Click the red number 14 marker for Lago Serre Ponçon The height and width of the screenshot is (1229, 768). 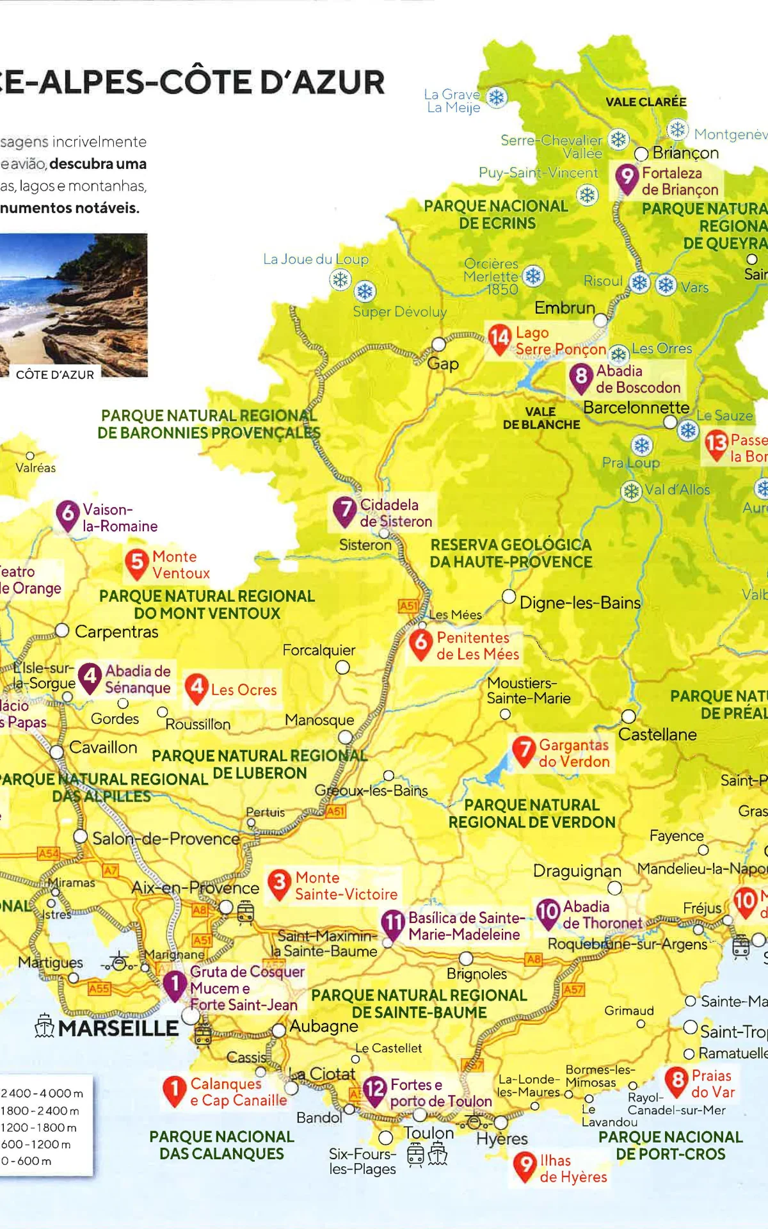[x=499, y=337]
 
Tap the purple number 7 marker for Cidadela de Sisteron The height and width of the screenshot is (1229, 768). [x=344, y=510]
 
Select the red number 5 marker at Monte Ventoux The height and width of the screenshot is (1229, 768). [x=137, y=563]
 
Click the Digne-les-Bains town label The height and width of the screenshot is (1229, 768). [x=580, y=603]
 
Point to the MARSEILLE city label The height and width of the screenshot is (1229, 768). [x=118, y=1029]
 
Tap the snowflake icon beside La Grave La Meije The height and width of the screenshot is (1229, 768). [x=497, y=98]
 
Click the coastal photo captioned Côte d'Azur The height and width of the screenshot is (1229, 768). [x=73, y=305]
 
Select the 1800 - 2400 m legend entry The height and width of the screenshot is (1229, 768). [x=40, y=1111]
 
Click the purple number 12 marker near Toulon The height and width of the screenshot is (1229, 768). [x=374, y=1088]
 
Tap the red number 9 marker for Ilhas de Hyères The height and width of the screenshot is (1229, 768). [x=525, y=1165]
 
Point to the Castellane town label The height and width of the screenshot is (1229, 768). [x=657, y=735]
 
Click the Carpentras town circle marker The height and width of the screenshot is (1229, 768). [x=62, y=631]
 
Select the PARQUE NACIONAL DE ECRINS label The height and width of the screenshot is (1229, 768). [x=496, y=214]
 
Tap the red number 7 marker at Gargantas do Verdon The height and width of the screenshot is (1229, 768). [x=524, y=750]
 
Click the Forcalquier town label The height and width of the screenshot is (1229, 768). [x=319, y=650]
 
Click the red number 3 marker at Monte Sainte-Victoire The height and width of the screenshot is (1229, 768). [x=279, y=883]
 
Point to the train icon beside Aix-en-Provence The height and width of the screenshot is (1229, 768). [x=246, y=912]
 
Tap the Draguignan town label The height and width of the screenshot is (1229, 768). [x=577, y=871]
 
